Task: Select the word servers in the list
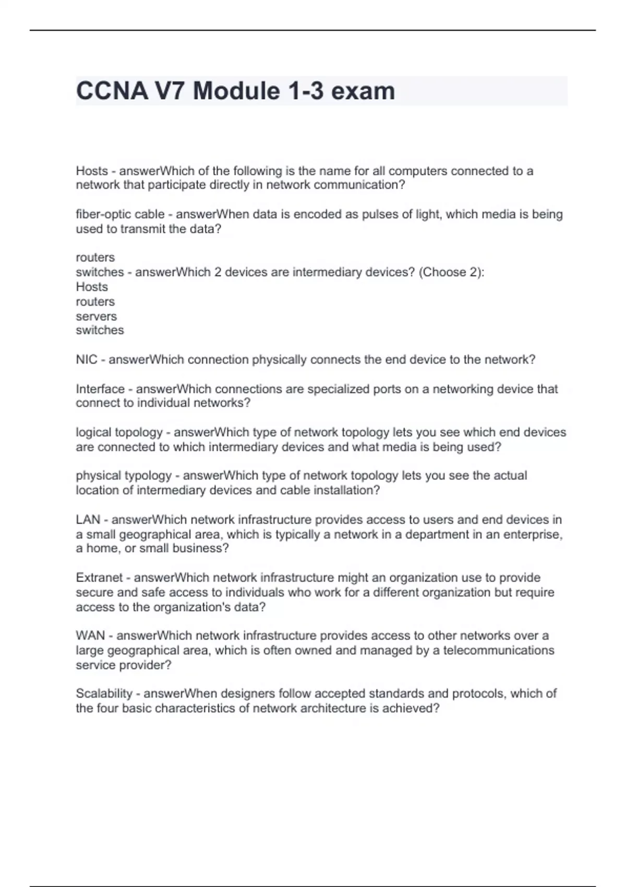(x=96, y=316)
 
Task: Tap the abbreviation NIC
(x=86, y=359)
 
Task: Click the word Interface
(x=100, y=389)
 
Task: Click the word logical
(x=93, y=433)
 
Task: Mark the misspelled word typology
(x=148, y=476)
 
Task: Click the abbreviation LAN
(x=88, y=520)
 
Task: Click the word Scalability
(x=104, y=693)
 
